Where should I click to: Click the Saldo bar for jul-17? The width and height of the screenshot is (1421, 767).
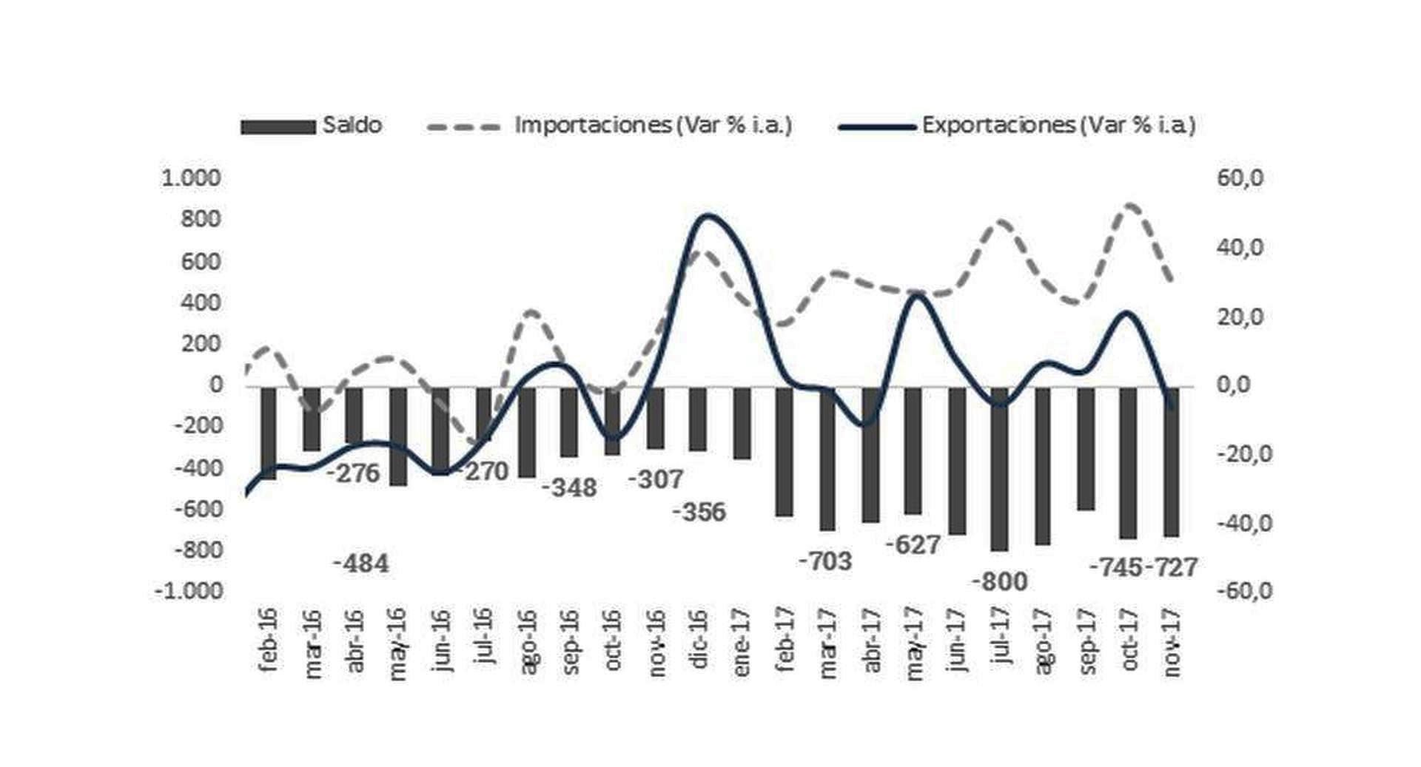(x=999, y=469)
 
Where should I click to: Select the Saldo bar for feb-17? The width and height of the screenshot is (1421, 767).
(x=784, y=451)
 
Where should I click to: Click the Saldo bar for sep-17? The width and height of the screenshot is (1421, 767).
(x=1086, y=448)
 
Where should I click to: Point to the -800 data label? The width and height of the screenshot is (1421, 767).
(x=999, y=582)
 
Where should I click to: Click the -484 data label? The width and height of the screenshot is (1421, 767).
(x=360, y=564)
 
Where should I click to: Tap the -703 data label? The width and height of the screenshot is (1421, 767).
(x=825, y=561)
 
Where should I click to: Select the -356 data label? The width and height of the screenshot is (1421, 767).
(x=699, y=512)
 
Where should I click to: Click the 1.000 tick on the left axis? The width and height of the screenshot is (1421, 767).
(x=191, y=178)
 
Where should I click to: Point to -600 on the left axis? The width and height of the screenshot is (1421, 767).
(x=197, y=509)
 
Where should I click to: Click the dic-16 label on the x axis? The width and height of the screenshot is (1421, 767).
(x=699, y=639)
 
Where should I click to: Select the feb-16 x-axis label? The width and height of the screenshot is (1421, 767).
(x=269, y=639)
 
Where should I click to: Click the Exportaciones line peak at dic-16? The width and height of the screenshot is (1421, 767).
(x=707, y=216)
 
